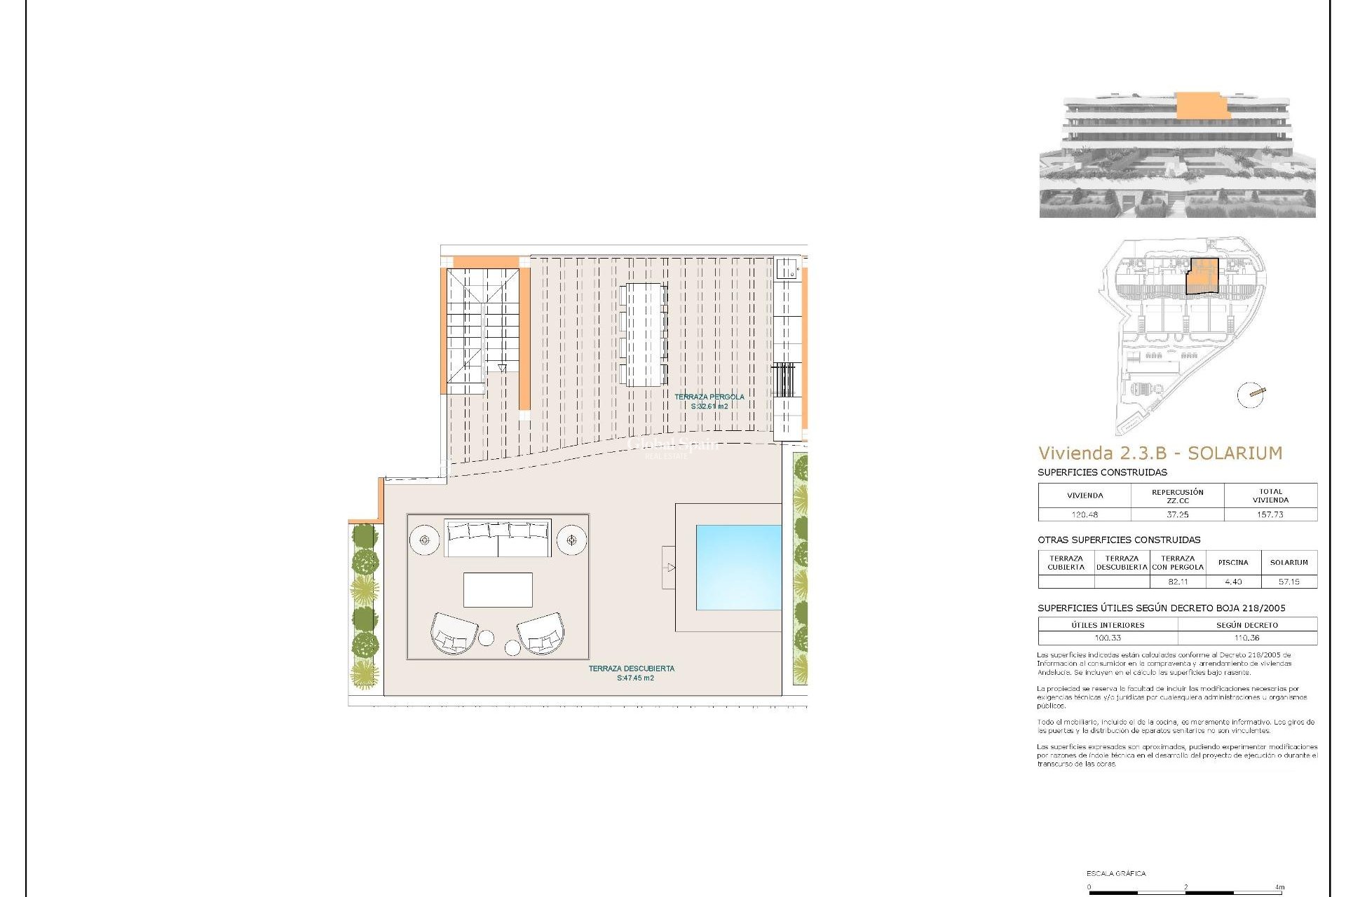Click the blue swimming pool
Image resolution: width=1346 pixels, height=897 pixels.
[x=738, y=567]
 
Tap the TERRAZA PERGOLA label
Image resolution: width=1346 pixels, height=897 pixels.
[x=709, y=397]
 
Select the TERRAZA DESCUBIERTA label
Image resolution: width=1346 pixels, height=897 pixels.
[x=631, y=669]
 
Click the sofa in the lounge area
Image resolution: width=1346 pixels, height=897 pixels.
[x=498, y=538]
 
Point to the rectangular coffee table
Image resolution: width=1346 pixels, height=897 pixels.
[x=498, y=589]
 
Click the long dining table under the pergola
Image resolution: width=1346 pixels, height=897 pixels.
[x=644, y=334]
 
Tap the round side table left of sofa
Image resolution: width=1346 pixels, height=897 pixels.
[x=424, y=540]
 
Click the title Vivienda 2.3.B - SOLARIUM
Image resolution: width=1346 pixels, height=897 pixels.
[x=1160, y=453]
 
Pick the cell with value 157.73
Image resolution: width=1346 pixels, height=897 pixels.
[x=1270, y=514]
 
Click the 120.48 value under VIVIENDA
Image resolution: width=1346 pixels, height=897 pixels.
[x=1085, y=514]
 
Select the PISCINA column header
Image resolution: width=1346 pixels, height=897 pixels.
[x=1233, y=562]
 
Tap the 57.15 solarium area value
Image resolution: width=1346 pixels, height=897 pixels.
[x=1289, y=582]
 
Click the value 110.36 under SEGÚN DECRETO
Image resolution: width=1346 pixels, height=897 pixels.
[x=1246, y=638]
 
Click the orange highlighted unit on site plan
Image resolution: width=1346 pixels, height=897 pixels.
[x=1202, y=275]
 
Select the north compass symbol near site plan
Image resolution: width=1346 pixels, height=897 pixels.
[x=1251, y=395]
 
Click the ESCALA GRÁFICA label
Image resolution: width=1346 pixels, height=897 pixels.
[x=1116, y=873]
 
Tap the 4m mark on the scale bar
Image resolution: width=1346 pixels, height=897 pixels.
[x=1280, y=887]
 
